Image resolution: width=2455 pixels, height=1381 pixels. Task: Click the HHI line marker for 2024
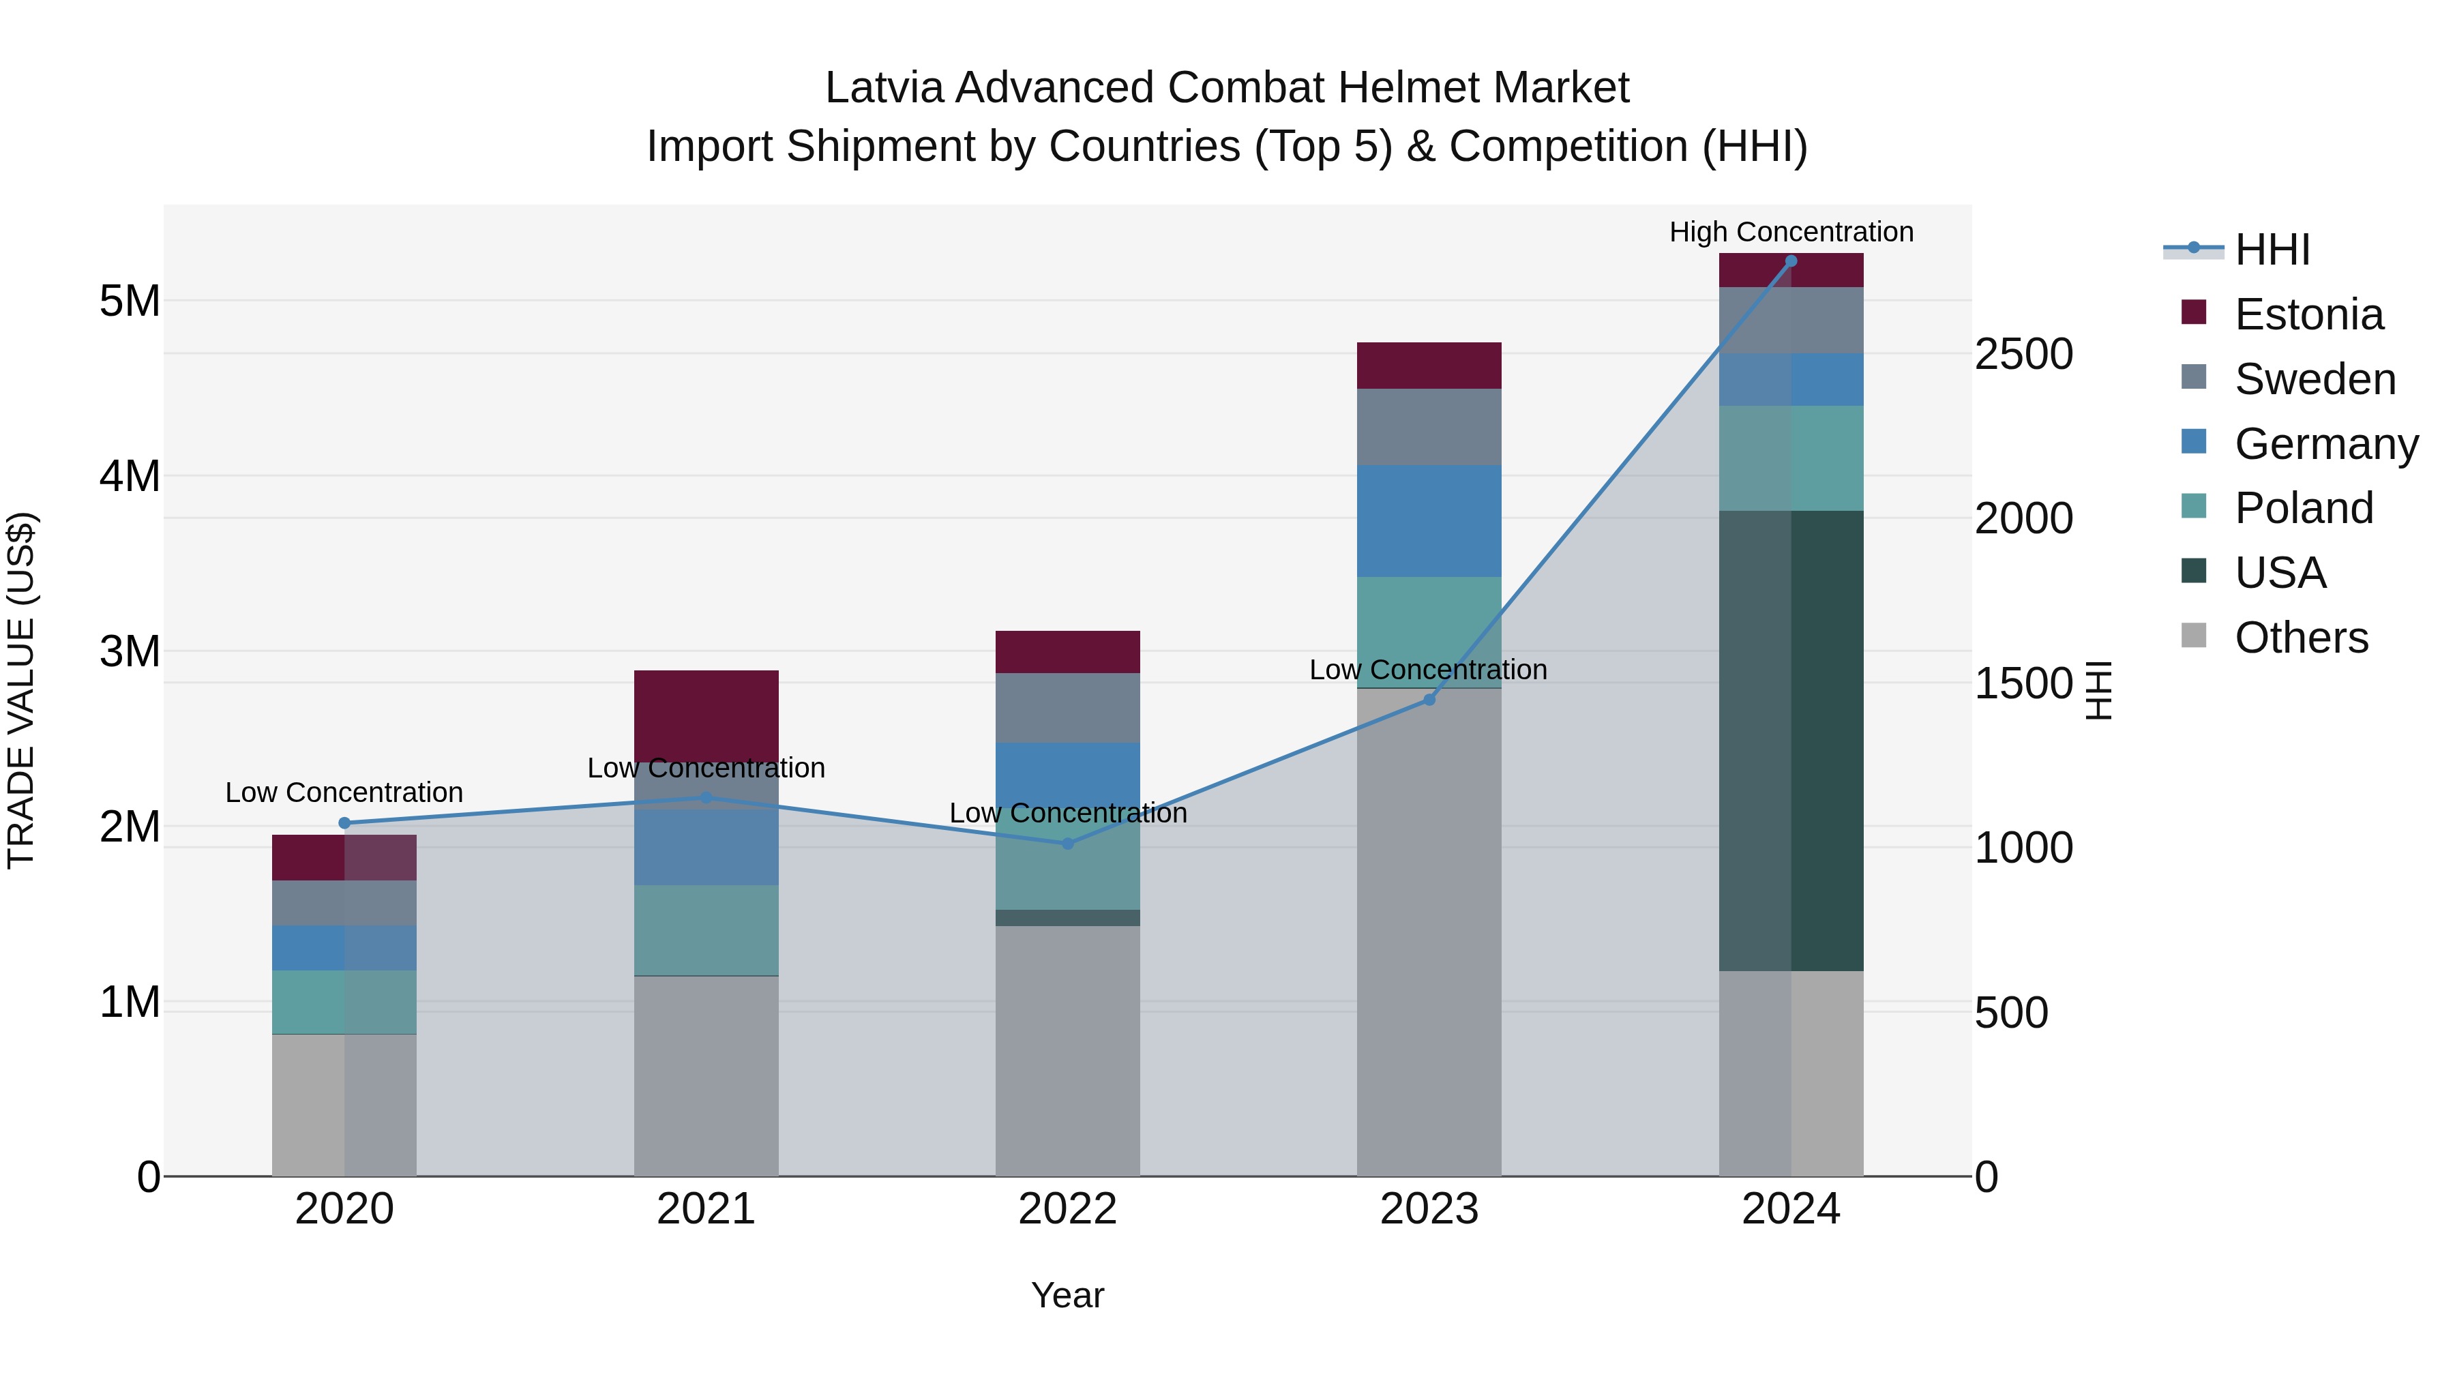(1791, 261)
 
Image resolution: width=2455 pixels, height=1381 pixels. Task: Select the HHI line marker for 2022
(1067, 844)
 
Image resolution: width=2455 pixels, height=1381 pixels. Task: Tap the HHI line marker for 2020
(344, 823)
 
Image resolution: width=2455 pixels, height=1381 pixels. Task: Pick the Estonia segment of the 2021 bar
(706, 715)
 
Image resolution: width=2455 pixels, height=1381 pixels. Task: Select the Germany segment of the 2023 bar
(1429, 520)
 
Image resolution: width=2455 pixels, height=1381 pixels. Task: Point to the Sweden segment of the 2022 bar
(1067, 708)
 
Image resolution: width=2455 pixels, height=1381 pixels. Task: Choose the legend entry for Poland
(2304, 508)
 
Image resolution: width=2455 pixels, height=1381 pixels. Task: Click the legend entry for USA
(2280, 573)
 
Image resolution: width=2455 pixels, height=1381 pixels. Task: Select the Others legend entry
(2301, 638)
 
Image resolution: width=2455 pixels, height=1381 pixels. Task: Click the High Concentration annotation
(1791, 232)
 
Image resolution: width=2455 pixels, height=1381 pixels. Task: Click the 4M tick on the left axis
(130, 475)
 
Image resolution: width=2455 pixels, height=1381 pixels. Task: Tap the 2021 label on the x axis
(706, 1209)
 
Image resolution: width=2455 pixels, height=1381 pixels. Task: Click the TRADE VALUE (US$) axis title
(22, 690)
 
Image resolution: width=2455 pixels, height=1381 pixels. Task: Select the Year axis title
(1067, 1295)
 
